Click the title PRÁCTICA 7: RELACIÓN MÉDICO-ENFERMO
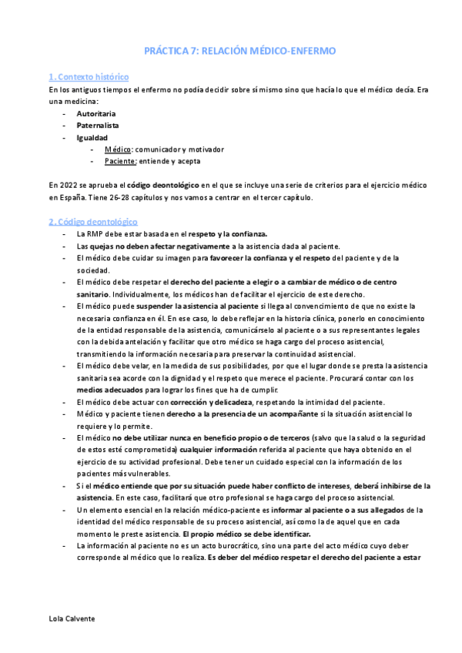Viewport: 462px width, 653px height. tap(239, 50)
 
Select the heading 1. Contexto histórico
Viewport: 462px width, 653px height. tap(88, 77)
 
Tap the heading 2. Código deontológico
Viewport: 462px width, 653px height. tap(92, 222)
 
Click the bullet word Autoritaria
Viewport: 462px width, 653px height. tap(98, 113)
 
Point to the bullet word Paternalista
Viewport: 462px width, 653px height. tap(98, 126)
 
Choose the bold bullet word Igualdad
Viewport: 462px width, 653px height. tap(92, 138)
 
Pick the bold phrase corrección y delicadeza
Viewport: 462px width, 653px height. tap(206, 403)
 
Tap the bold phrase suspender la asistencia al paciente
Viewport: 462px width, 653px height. tap(196, 306)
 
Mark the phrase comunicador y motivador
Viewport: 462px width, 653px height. tap(179, 149)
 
